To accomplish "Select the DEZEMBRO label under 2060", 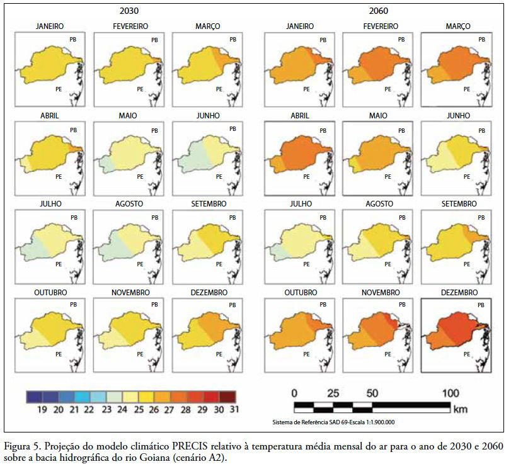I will [x=458, y=293].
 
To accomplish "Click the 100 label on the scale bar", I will [x=451, y=393].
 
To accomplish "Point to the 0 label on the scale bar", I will [x=294, y=393].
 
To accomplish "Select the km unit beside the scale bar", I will [x=460, y=409].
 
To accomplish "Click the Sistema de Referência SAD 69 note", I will [x=333, y=422].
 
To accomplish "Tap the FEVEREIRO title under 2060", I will [x=379, y=26].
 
